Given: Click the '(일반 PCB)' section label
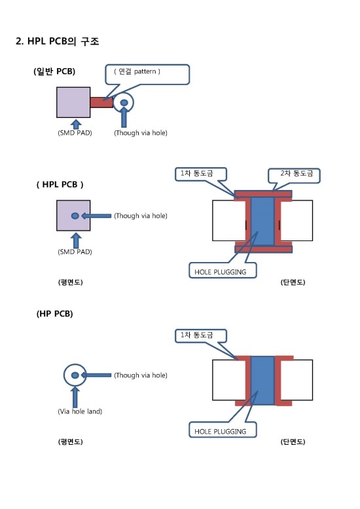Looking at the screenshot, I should click(x=54, y=71).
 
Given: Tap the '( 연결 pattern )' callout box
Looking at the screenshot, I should click(x=147, y=74).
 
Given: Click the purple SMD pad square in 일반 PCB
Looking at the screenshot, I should click(x=73, y=102).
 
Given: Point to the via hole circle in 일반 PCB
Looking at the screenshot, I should click(x=124, y=102).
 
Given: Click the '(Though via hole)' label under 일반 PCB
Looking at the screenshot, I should click(x=140, y=133).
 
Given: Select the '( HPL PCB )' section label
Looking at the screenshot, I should click(x=60, y=184).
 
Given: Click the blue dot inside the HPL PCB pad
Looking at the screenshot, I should click(x=75, y=216).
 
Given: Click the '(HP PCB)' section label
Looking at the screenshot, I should click(x=54, y=314).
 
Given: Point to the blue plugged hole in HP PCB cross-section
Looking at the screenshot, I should click(x=262, y=380).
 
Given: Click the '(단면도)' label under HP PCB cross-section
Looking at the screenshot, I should click(x=293, y=442).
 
